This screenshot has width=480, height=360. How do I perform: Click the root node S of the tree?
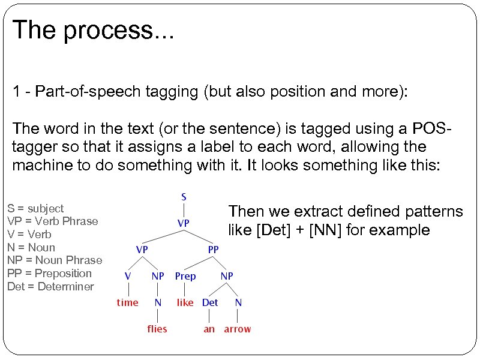pos(184,197)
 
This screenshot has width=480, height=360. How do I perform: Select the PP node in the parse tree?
pos(214,249)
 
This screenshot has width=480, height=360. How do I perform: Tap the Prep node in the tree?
pos(185,276)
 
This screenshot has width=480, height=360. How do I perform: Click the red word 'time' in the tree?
pos(127,302)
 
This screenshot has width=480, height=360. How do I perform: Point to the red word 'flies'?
pos(157,329)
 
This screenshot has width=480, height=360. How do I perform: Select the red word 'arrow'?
pos(238,329)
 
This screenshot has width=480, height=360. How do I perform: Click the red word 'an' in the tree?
pos(209,329)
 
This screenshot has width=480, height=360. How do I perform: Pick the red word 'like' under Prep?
pos(185,302)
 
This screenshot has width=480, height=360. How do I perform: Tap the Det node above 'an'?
pos(210,302)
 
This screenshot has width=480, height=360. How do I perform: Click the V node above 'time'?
pos(128,276)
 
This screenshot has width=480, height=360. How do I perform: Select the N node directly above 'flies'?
pos(158,302)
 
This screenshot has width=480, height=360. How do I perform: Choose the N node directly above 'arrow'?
pos(238,302)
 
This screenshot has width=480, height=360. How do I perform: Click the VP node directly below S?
pos(184,223)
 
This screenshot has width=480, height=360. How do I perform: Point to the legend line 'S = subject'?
pos(35,209)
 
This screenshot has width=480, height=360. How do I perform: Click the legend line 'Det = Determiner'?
pos(50,286)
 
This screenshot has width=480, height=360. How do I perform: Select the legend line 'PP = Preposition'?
pos(49,274)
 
